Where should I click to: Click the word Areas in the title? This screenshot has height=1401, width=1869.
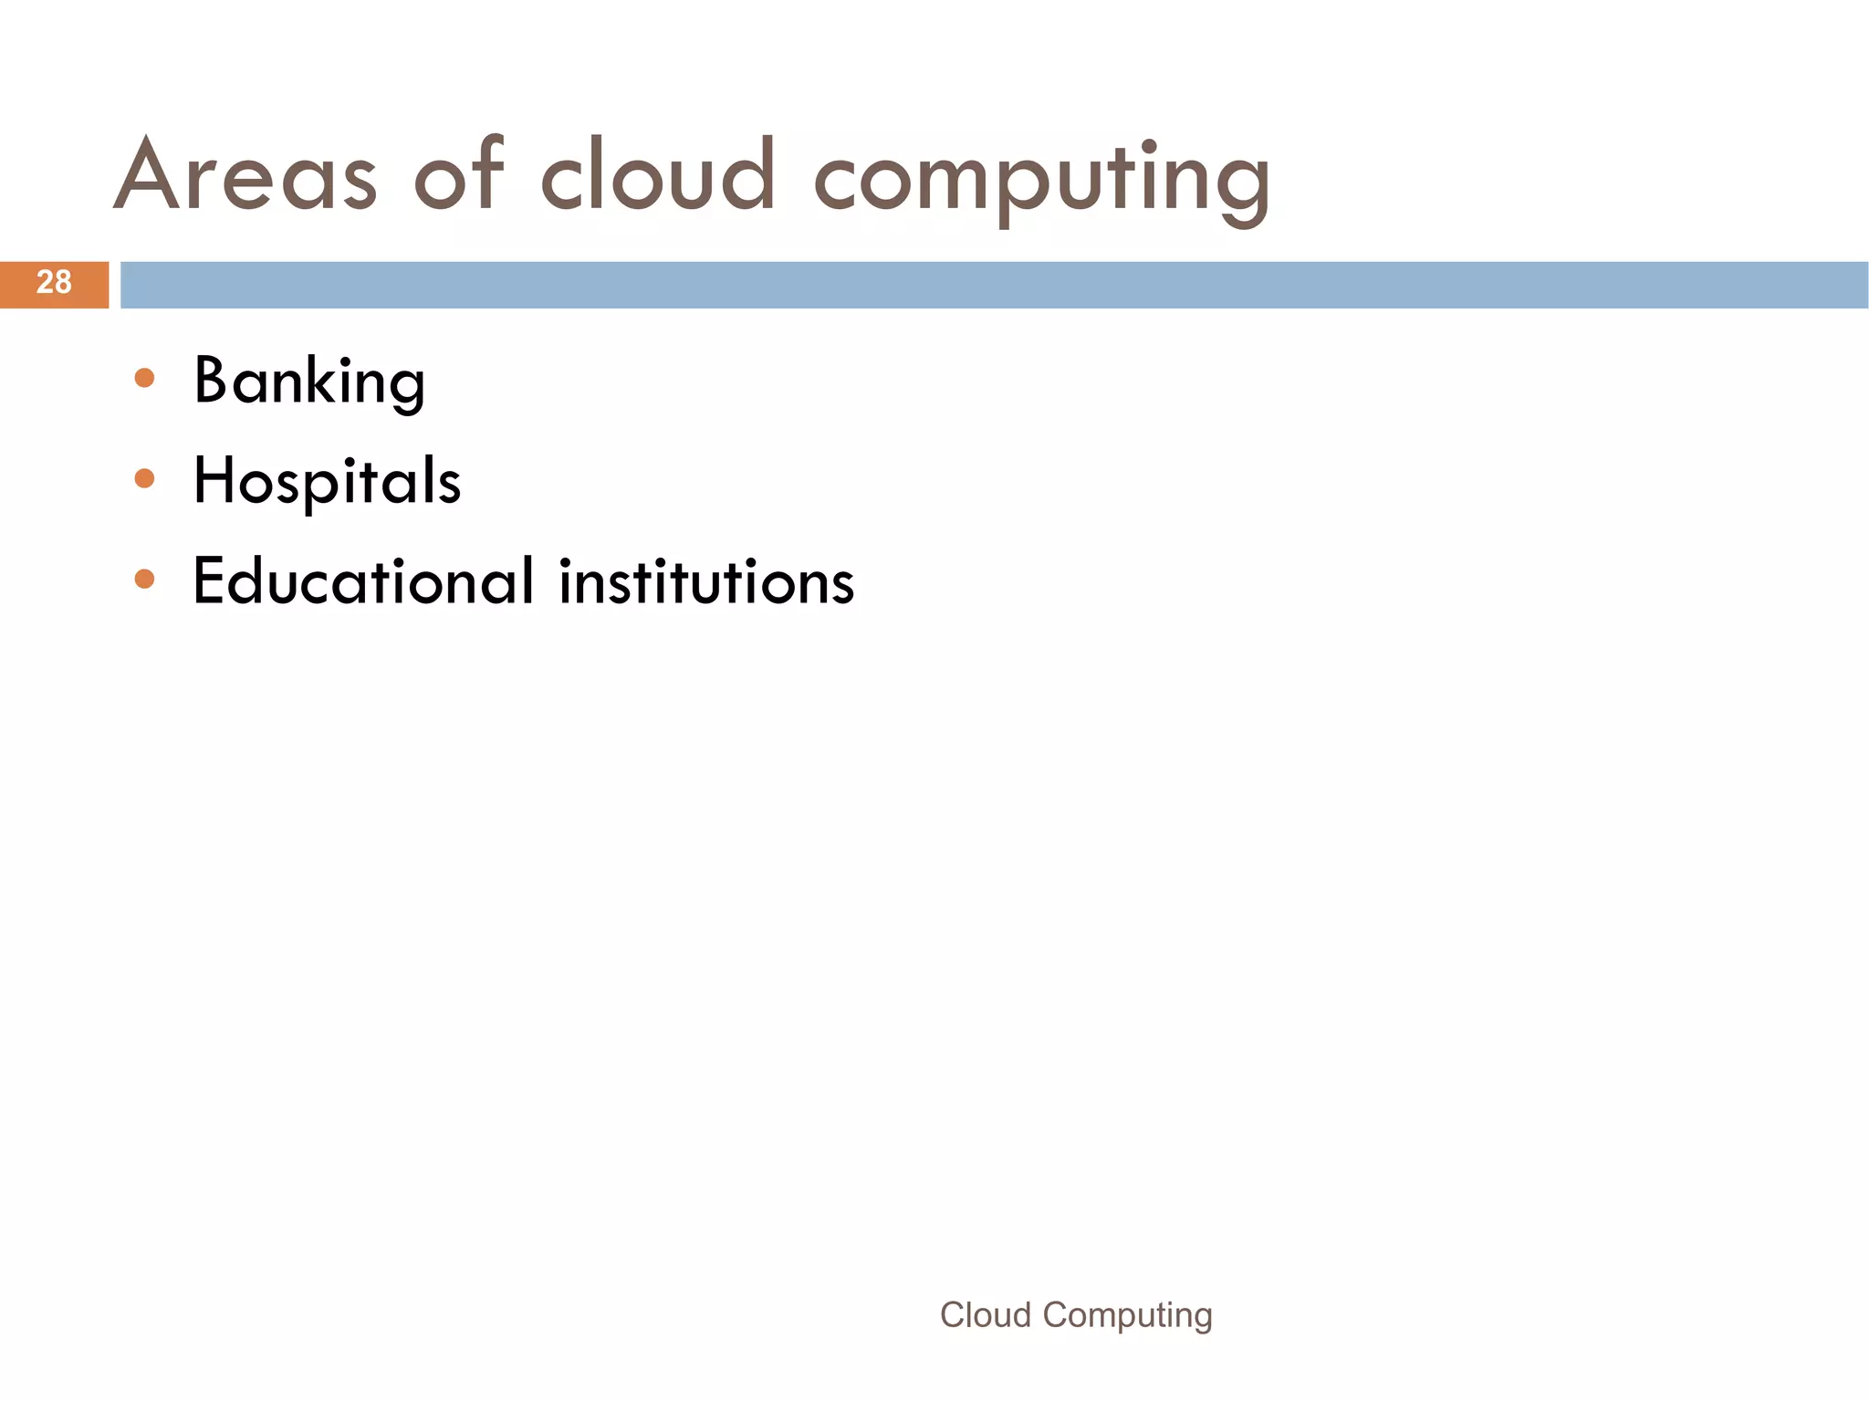(245, 175)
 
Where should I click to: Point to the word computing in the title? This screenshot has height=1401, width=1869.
(1040, 178)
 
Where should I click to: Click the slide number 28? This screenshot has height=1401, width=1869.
(54, 283)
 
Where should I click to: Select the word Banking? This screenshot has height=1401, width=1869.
(309, 382)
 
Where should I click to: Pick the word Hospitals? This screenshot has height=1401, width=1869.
(327, 481)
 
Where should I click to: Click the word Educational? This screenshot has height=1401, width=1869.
(363, 581)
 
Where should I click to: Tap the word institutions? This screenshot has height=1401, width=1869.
(706, 581)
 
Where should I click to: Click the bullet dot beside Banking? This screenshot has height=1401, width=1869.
(144, 378)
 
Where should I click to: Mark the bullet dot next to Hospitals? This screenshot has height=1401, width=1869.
(144, 478)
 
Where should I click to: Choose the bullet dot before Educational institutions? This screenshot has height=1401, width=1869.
(144, 579)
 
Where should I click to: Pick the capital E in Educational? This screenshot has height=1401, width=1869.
(210, 580)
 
